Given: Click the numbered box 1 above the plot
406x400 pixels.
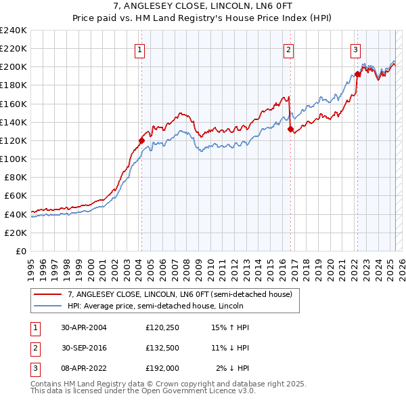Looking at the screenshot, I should (x=139, y=48).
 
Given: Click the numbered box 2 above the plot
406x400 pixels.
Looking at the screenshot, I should (x=288, y=48).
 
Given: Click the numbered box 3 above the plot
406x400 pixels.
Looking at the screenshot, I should (x=355, y=48).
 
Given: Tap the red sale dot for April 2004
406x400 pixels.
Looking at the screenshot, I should (x=142, y=140).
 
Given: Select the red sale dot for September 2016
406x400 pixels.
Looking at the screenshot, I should (x=290, y=129).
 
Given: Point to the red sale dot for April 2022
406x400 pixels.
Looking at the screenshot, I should (x=357, y=75).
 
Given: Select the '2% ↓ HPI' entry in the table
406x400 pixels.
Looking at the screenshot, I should (x=232, y=368).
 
